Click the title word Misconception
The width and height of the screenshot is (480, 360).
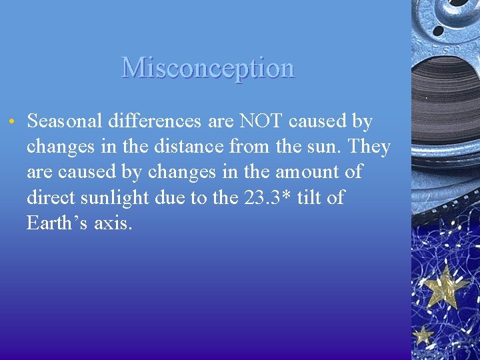pyautogui.click(x=208, y=68)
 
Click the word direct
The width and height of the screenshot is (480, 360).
pyautogui.click(x=51, y=197)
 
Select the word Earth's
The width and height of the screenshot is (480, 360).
pyautogui.click(x=57, y=223)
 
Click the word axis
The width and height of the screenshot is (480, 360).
pyautogui.click(x=113, y=223)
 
